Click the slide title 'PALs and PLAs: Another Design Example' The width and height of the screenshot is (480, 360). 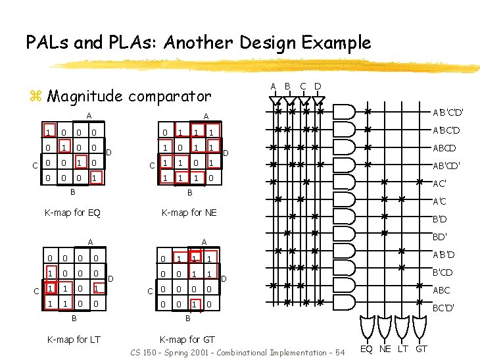click(198, 43)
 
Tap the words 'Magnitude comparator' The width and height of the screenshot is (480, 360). click(130, 96)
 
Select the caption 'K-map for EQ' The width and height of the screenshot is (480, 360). click(72, 213)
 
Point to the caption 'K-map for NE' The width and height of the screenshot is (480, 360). click(189, 213)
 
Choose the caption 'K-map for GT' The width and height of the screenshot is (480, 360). click(187, 340)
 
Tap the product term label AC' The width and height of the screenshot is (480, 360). click(439, 184)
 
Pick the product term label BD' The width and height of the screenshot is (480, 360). click(439, 237)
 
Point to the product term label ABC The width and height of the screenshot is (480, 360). click(441, 290)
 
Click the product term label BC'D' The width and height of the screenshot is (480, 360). click(443, 307)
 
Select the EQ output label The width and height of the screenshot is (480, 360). click(369, 348)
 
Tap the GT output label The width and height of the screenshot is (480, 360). click(421, 348)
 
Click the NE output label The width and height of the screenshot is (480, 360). click(386, 348)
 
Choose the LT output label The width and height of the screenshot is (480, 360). click(404, 348)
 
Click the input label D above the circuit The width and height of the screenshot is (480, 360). click(318, 86)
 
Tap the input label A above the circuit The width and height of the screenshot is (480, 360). click(273, 86)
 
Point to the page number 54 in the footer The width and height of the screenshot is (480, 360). click(340, 353)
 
